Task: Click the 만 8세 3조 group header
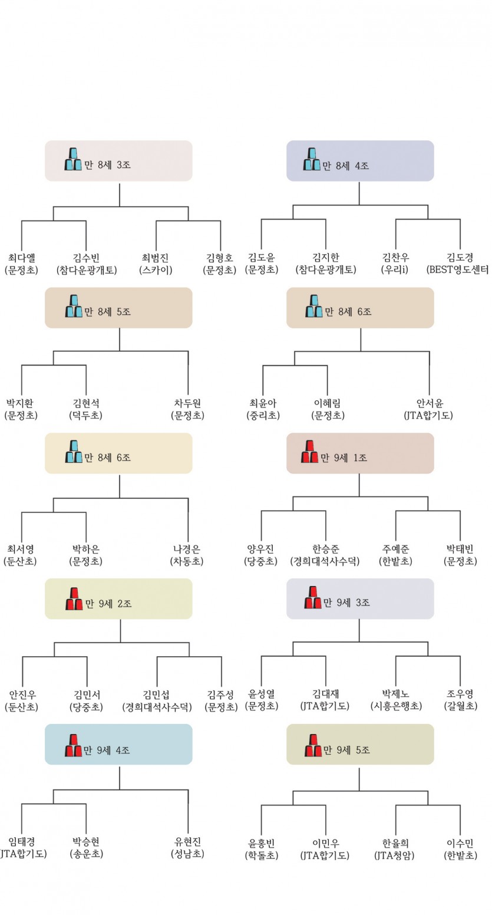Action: click(118, 161)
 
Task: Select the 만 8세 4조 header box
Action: click(360, 161)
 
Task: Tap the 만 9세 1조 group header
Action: click(360, 453)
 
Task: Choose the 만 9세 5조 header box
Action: click(360, 745)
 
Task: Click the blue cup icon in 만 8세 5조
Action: click(74, 305)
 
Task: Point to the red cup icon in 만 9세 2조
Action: click(74, 598)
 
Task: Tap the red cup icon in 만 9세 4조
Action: click(74, 745)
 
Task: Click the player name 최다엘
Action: click(21, 258)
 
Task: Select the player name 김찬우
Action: click(395, 258)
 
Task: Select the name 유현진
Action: click(188, 841)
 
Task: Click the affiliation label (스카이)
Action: click(156, 270)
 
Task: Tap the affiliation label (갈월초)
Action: click(460, 706)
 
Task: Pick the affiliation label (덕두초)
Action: click(85, 416)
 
